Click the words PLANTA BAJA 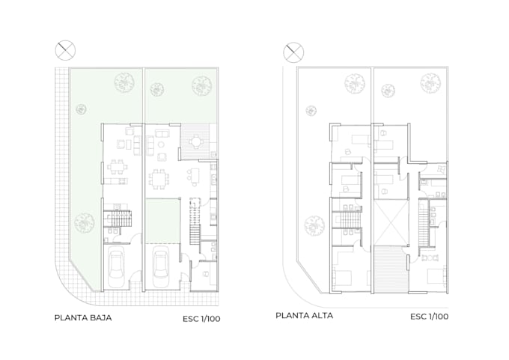83,318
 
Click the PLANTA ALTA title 304,316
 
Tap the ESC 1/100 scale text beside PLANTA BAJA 201,319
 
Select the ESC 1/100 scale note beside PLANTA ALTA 429,317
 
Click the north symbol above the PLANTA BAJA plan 65,50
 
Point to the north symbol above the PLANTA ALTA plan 293,52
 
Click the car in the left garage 116,267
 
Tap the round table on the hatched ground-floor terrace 196,141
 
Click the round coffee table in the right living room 161,144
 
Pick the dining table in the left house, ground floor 118,167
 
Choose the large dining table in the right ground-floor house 159,179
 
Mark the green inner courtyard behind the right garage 162,221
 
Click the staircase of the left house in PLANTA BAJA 118,218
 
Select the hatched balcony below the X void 391,269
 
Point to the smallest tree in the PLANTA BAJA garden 81,109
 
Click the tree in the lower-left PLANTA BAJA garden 85,223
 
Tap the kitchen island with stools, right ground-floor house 195,177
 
